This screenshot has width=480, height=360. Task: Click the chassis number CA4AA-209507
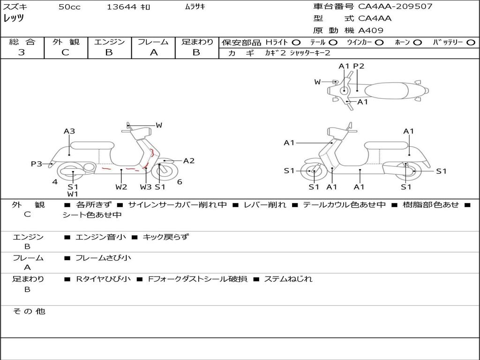(395, 7)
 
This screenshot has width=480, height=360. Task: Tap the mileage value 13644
(121, 7)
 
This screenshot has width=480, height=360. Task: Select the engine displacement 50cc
(69, 7)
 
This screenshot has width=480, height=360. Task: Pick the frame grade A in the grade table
(154, 52)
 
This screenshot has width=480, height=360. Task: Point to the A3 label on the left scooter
(69, 131)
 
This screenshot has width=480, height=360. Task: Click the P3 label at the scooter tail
(37, 164)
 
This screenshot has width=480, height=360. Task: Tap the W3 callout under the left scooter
(146, 187)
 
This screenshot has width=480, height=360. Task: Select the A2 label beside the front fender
(189, 161)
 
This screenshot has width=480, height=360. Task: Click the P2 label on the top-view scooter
(359, 66)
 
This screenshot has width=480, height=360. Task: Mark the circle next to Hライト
(296, 43)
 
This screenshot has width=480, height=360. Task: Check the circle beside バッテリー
(471, 43)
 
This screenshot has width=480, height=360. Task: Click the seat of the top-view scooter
(386, 90)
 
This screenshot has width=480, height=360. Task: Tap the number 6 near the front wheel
(180, 182)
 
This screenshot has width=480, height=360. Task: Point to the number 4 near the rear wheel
(55, 182)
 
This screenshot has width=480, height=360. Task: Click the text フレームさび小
(103, 258)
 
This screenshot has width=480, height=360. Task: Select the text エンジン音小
(100, 237)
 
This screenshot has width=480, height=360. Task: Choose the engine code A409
(371, 30)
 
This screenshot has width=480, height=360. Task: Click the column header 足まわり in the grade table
(197, 42)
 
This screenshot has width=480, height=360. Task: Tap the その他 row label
(29, 311)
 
